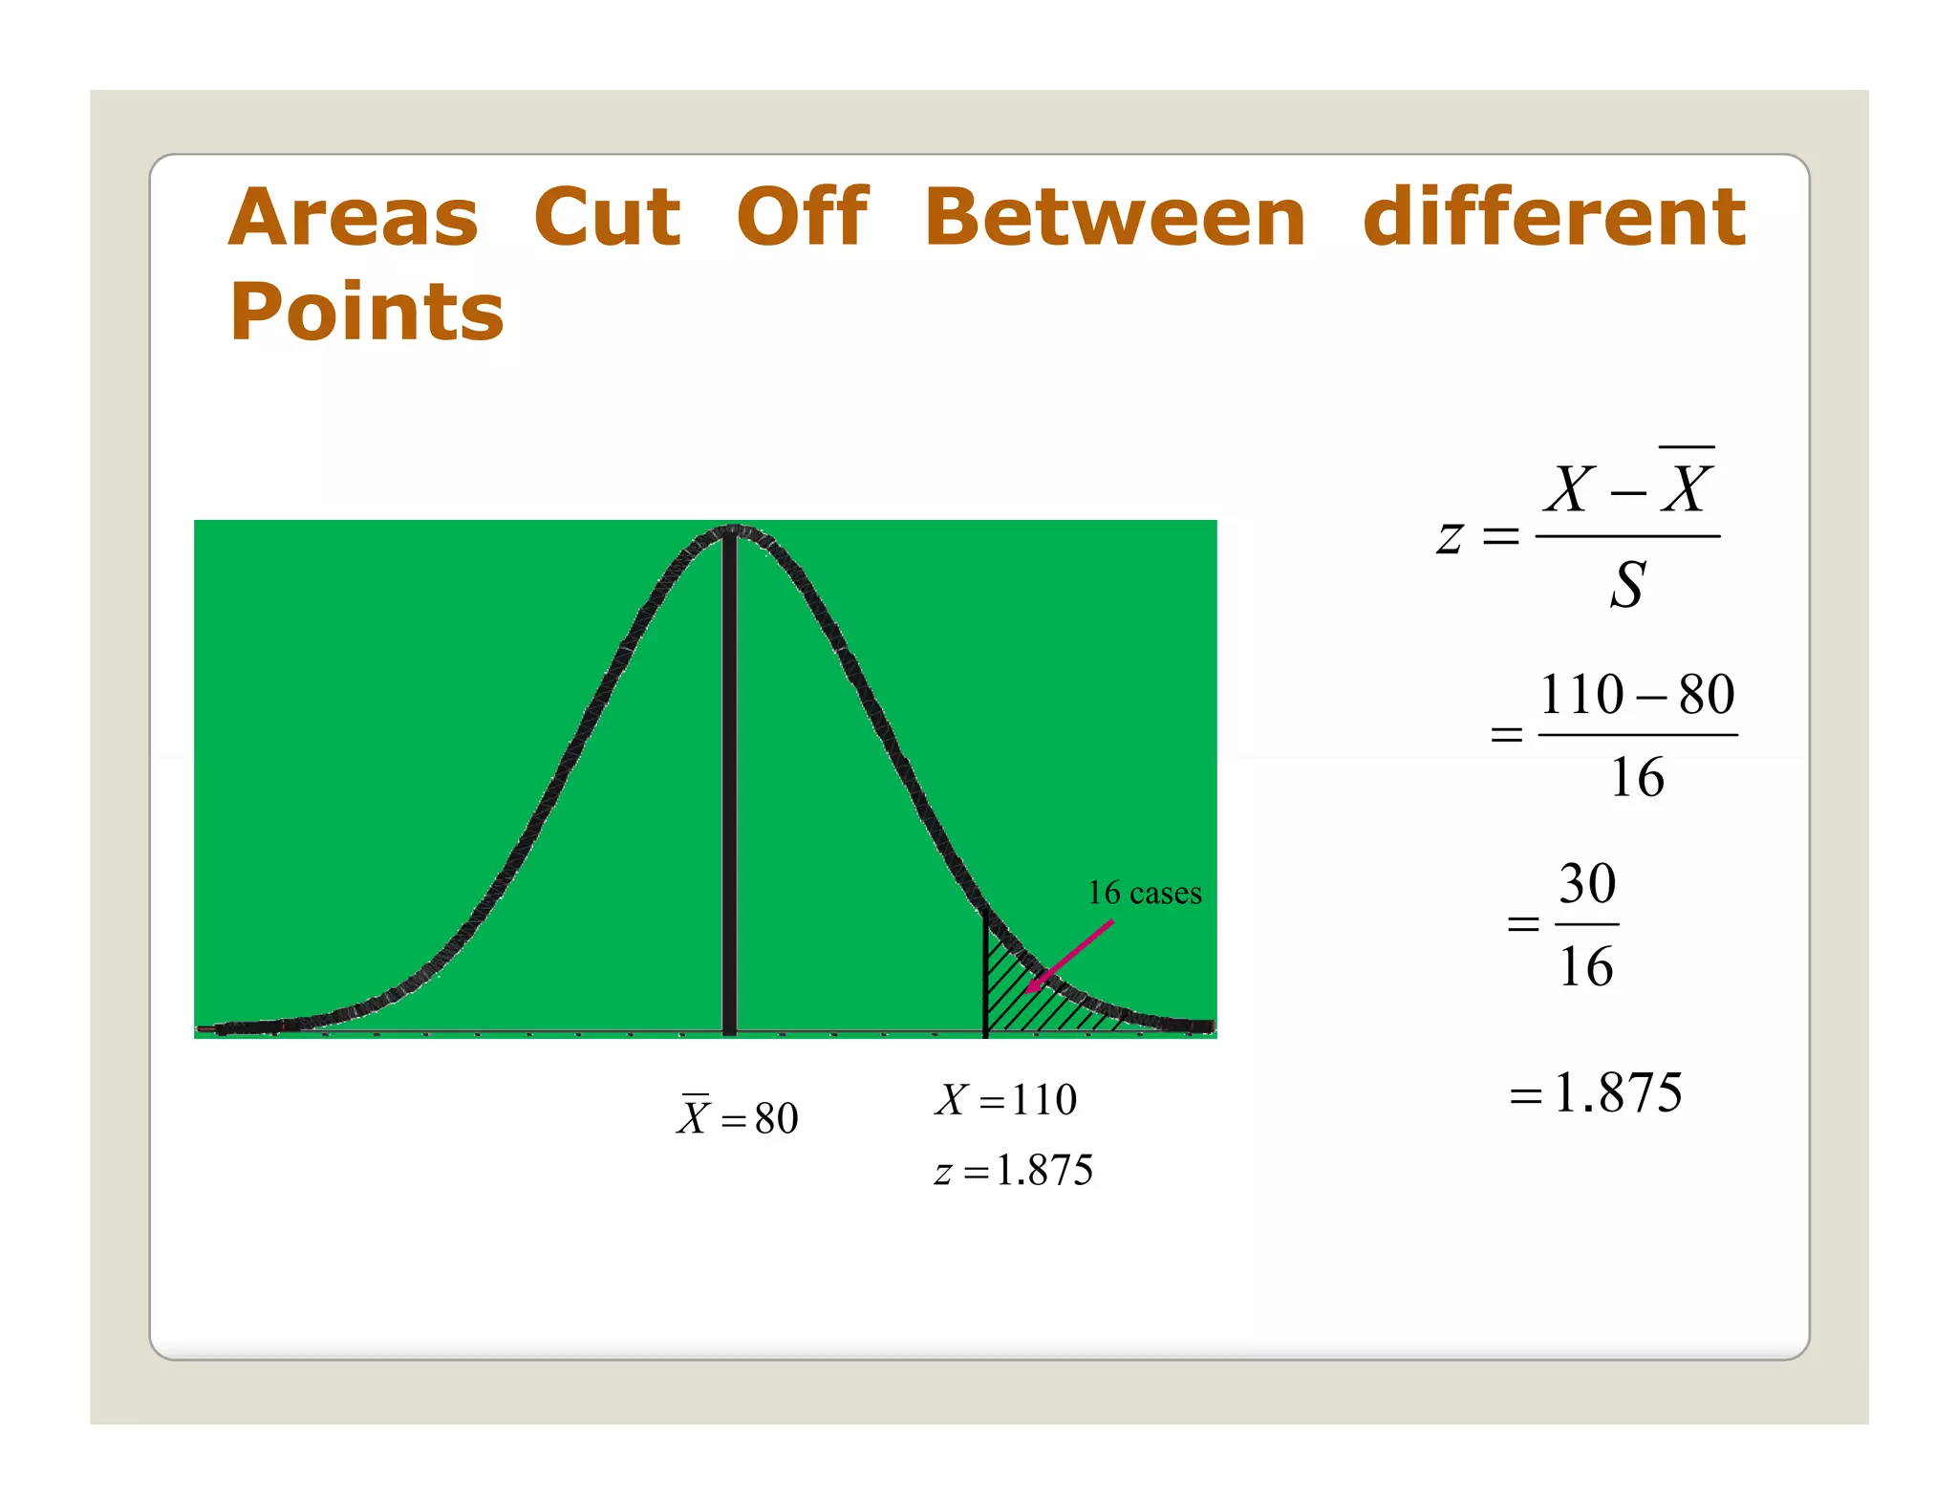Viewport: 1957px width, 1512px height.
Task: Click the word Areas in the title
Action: click(x=353, y=217)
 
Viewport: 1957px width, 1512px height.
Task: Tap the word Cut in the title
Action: click(x=607, y=217)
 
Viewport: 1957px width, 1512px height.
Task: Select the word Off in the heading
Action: click(x=802, y=217)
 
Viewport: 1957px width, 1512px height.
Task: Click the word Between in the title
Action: click(x=1114, y=217)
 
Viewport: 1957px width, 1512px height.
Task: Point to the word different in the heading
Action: click(x=1554, y=217)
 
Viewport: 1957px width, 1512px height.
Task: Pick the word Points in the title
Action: click(x=366, y=312)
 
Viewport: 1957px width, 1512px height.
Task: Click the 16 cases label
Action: click(x=1144, y=893)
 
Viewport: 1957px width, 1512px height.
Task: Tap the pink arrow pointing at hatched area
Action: click(x=1070, y=956)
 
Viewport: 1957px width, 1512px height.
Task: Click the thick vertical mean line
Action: click(x=729, y=784)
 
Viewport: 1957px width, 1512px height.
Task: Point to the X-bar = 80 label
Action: click(x=738, y=1116)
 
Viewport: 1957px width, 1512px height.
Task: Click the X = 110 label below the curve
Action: click(x=1005, y=1099)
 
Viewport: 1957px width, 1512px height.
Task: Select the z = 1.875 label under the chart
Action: click(x=1013, y=1170)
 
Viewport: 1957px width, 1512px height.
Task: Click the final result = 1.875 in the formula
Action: click(x=1596, y=1092)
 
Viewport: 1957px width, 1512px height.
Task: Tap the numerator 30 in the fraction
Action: click(x=1587, y=883)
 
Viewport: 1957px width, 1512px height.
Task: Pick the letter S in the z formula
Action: click(x=1627, y=585)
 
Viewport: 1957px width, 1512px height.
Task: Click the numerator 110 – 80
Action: click(x=1637, y=694)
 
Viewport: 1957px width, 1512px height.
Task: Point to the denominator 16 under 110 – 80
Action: click(x=1637, y=777)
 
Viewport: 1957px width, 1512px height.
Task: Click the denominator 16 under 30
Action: click(x=1586, y=966)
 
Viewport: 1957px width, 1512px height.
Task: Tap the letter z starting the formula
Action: click(x=1450, y=536)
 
